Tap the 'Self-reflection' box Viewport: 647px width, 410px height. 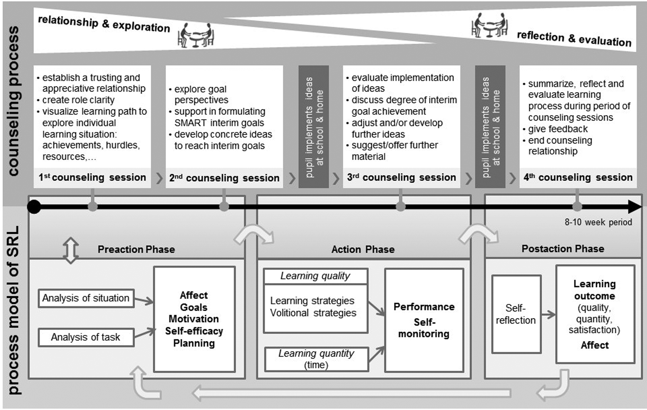coord(516,314)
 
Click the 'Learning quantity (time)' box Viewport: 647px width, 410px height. coord(316,359)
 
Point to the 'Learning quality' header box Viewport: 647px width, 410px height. coord(315,276)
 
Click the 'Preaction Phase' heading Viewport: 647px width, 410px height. coord(136,249)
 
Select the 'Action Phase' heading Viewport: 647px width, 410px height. coord(363,249)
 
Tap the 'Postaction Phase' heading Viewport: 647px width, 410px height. coord(563,249)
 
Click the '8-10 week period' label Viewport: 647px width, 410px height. coord(598,222)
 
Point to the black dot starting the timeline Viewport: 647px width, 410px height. coord(34,207)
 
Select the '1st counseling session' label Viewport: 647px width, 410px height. coord(92,177)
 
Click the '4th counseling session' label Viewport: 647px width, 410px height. coord(578,177)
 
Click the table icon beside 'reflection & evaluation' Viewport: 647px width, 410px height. coord(490,25)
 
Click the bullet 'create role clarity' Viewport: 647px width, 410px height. coord(78,100)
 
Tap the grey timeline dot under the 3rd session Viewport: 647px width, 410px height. coord(401,207)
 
